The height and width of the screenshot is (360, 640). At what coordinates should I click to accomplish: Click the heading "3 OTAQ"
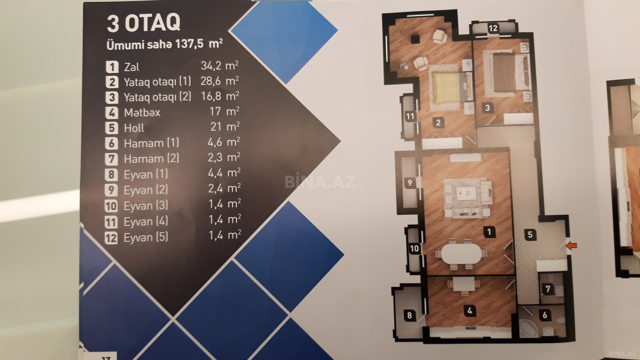[144, 22]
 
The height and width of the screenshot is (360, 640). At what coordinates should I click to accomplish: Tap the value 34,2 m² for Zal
[220, 66]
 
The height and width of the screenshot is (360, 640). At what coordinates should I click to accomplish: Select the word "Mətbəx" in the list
[142, 112]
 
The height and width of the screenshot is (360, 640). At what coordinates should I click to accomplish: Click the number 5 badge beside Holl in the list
[112, 128]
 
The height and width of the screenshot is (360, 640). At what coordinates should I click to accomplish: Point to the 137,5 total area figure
[189, 44]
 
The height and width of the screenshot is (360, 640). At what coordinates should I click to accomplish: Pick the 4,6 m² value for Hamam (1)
[224, 142]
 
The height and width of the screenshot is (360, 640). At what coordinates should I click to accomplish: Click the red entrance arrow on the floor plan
[572, 246]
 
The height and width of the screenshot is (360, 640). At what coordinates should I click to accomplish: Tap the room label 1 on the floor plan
[490, 232]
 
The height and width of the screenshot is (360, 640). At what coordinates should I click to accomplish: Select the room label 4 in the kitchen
[470, 310]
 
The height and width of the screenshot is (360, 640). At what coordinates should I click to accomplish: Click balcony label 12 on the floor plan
[493, 28]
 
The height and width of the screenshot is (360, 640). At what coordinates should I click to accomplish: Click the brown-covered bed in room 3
[508, 72]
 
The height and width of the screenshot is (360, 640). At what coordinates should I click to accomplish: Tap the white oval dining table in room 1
[461, 254]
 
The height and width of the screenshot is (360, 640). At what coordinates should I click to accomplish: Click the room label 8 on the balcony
[410, 316]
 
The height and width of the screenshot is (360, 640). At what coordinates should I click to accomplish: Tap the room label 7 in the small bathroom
[548, 289]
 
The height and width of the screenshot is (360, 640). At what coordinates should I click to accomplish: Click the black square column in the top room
[415, 39]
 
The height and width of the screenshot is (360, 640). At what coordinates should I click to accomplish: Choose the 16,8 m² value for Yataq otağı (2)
[220, 96]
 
